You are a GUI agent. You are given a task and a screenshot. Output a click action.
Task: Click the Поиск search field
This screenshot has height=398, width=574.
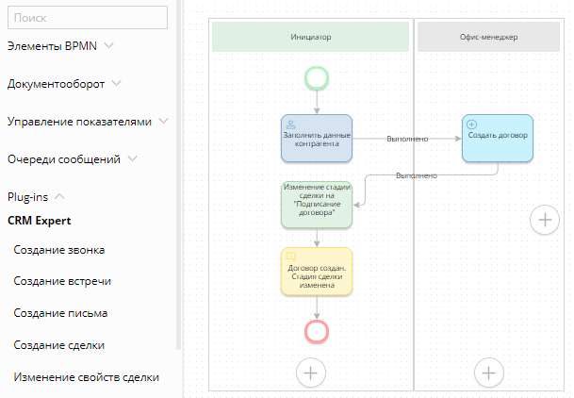click(88, 17)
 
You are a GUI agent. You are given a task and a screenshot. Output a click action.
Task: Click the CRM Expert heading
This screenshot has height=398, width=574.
click(40, 221)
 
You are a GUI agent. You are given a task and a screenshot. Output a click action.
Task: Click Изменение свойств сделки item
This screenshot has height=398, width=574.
click(86, 377)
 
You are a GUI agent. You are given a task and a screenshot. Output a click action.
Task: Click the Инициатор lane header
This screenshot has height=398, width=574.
click(310, 37)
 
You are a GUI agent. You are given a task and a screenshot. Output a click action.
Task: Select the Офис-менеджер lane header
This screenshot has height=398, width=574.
click(489, 37)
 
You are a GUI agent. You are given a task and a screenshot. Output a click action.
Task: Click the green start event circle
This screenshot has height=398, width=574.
click(317, 78)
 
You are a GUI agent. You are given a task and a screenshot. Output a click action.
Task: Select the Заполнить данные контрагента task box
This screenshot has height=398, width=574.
click(317, 138)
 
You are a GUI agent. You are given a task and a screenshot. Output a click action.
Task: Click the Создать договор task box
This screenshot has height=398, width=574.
click(498, 138)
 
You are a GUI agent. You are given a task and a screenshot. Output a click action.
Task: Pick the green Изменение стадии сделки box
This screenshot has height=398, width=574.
click(317, 205)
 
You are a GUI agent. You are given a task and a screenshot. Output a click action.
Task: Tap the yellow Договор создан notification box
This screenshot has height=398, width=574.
click(317, 272)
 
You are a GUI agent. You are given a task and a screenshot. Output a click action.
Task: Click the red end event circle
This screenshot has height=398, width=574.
click(317, 330)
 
